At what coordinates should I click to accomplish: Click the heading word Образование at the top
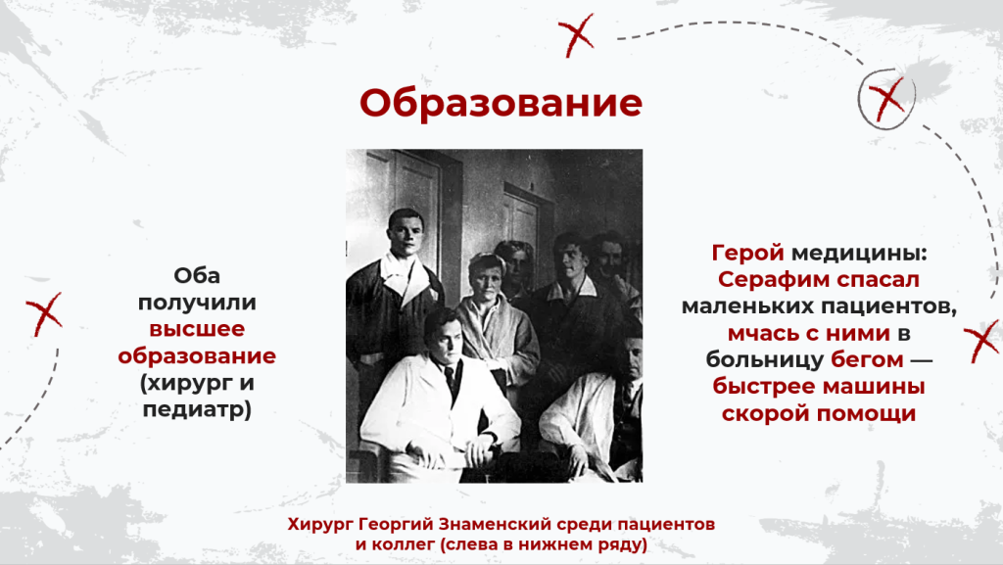click(x=501, y=103)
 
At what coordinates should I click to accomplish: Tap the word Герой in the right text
click(x=747, y=253)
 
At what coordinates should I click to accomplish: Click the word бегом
click(x=867, y=359)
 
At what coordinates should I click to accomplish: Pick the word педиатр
click(x=194, y=409)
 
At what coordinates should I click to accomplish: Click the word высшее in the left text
click(x=197, y=329)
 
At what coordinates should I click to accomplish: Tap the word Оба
click(x=197, y=275)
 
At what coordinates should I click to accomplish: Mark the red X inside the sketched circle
click(x=886, y=99)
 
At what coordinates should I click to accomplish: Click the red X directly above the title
click(x=576, y=35)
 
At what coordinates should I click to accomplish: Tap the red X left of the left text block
click(x=44, y=313)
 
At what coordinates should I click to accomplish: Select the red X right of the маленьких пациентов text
click(x=980, y=342)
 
